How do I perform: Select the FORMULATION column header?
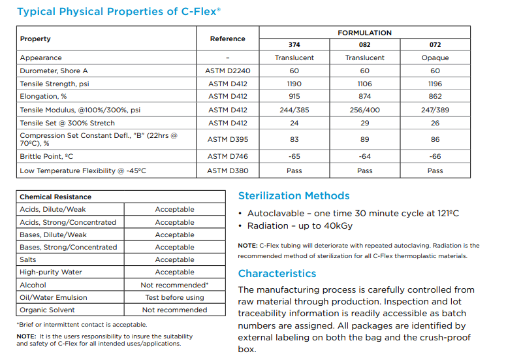[364, 33]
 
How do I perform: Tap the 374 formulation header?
[294, 45]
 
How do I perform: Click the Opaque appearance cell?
[435, 58]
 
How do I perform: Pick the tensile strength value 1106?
[364, 84]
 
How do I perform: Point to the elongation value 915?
[294, 97]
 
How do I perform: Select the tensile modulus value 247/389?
[435, 110]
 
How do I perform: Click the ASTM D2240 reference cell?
[227, 71]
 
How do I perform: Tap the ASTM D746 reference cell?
[227, 157]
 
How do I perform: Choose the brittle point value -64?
[364, 157]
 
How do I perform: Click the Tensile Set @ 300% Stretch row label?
[67, 123]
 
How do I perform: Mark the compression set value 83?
[294, 139]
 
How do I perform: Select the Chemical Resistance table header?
[55, 197]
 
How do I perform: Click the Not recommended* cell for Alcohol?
[174, 285]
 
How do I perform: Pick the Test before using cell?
[174, 297]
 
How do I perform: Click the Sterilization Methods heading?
[294, 196]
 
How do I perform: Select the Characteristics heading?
[277, 274]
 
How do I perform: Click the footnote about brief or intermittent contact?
[82, 324]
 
